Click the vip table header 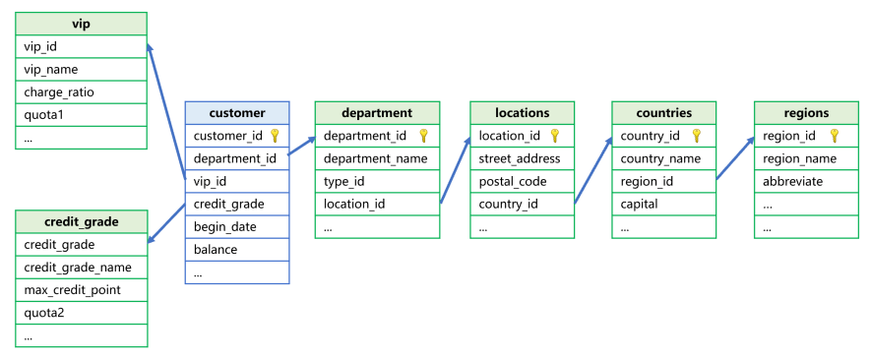(x=81, y=24)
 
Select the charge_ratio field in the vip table (x=59, y=92)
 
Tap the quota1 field (x=44, y=115)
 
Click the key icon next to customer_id (x=275, y=136)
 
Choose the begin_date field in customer (x=222, y=226)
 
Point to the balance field (x=216, y=250)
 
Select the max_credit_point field (x=72, y=290)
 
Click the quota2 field (x=44, y=313)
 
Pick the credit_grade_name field (x=77, y=268)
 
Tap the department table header (x=377, y=113)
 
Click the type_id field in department (x=343, y=181)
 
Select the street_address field (x=519, y=158)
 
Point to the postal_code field (x=512, y=181)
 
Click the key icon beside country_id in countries (x=696, y=136)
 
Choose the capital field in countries (x=640, y=205)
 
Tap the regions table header (x=806, y=113)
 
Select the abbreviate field (x=792, y=181)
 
